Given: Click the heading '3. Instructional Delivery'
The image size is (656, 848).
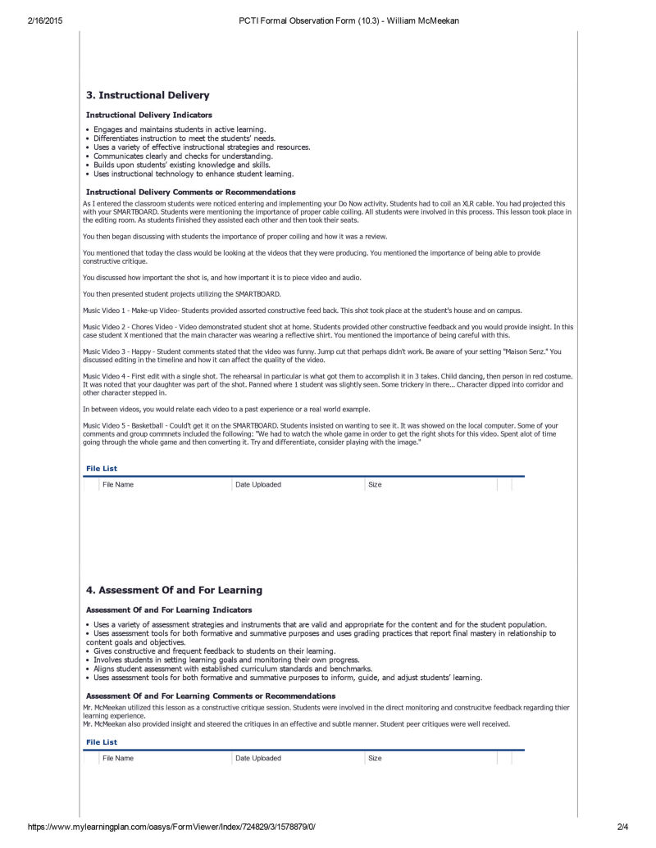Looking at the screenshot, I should tap(148, 95).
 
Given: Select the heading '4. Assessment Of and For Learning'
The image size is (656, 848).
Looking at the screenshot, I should tap(174, 590).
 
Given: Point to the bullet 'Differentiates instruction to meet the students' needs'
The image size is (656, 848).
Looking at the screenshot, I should tap(184, 138).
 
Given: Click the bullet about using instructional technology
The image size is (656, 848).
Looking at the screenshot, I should tap(193, 174).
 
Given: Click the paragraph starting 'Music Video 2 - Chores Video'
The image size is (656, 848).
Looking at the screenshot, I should tap(328, 330).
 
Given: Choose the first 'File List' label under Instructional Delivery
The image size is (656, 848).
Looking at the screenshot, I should tap(102, 469).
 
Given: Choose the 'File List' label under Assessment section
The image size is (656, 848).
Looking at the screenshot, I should tap(102, 742).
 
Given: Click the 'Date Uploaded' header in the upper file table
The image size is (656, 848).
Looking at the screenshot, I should tap(258, 485).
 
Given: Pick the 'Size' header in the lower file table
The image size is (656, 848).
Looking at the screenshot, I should tap(375, 759).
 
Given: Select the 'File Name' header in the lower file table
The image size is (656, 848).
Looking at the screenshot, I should tap(118, 759).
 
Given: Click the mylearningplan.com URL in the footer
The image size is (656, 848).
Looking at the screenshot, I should tap(171, 828).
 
